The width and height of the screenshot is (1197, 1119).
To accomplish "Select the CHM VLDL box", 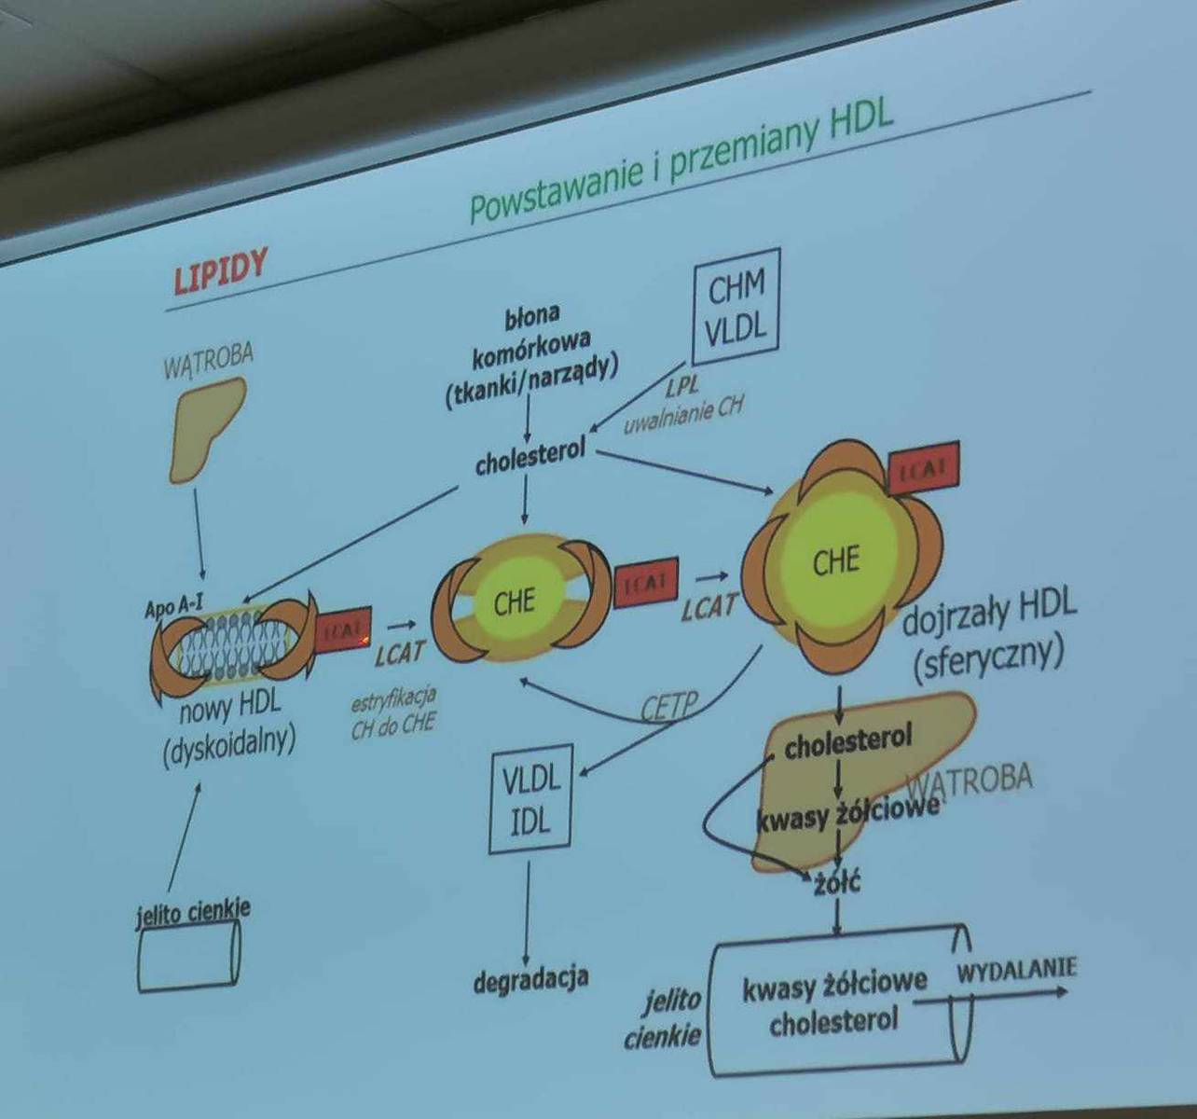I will [x=736, y=307].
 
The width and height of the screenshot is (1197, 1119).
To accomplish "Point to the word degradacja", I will [x=530, y=980].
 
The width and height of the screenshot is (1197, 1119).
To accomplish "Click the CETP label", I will [x=668, y=707].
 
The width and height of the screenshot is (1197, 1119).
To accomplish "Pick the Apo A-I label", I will [x=173, y=607].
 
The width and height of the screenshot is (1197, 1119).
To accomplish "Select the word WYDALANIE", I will [x=1016, y=970].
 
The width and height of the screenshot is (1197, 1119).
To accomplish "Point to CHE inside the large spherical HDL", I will [x=835, y=561].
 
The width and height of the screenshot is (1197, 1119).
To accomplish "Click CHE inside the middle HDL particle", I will [x=514, y=601].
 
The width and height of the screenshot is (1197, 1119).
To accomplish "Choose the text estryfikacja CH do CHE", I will [x=393, y=713].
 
